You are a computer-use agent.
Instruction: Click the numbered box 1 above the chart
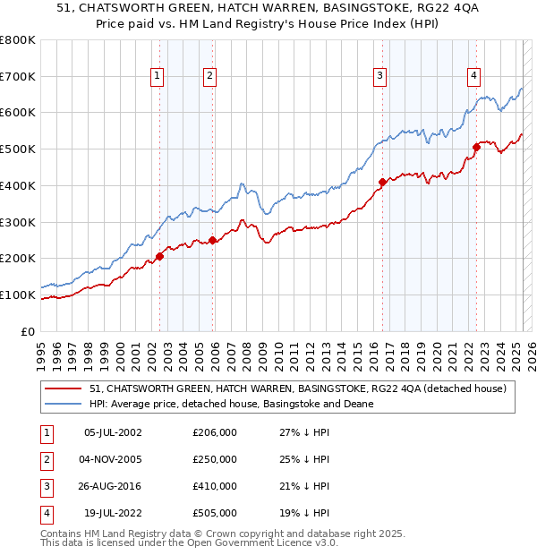click(x=158, y=76)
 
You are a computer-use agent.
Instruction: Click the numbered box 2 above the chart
click(x=209, y=76)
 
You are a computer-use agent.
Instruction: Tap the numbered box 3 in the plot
click(x=380, y=76)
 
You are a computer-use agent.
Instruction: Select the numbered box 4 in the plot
click(x=473, y=76)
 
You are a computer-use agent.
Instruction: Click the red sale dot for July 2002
click(x=160, y=256)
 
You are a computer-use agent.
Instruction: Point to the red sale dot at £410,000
click(x=383, y=182)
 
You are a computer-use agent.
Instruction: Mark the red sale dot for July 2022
click(x=476, y=147)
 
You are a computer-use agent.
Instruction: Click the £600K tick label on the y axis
click(x=18, y=113)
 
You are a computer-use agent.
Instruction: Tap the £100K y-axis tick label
click(x=18, y=295)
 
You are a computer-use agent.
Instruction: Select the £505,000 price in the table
click(x=215, y=513)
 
